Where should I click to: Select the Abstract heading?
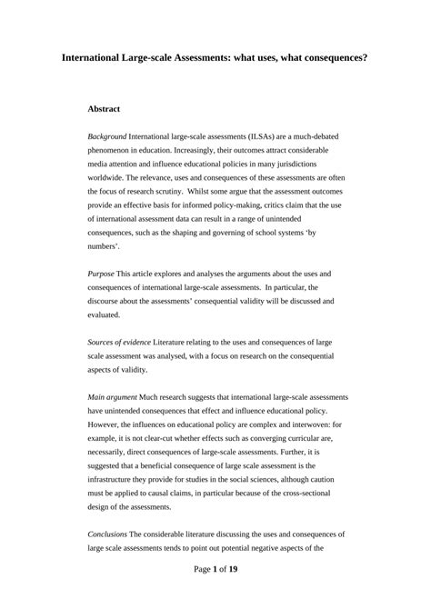[x=104, y=108]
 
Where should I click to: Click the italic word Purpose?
[x=101, y=274]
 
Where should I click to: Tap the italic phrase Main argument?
[x=114, y=397]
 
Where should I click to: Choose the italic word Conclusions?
[x=109, y=535]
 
